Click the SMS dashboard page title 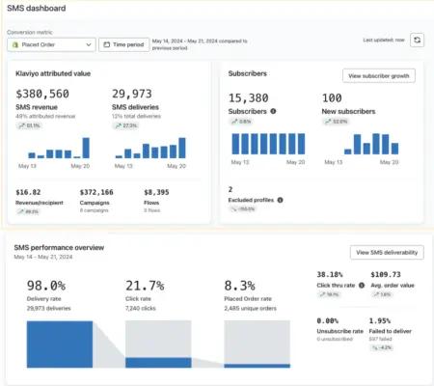click(x=38, y=9)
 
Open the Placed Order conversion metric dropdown click(x=54, y=43)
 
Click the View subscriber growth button click(x=378, y=75)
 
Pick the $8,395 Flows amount click(x=156, y=192)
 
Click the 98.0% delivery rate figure click(x=45, y=286)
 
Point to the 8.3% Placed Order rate click(x=240, y=286)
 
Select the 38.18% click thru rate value click(x=332, y=274)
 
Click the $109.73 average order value click(x=386, y=274)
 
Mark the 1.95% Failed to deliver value click(x=381, y=320)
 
